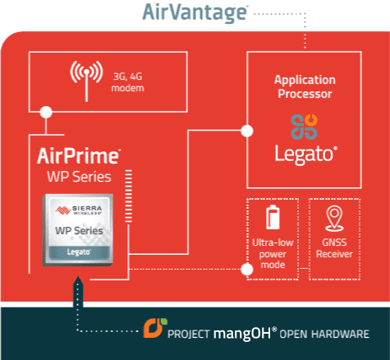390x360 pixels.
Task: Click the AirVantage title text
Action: pyautogui.click(x=195, y=12)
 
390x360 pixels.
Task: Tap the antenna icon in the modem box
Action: pyautogui.click(x=86, y=81)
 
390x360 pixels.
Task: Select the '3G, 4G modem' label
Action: pyautogui.click(x=128, y=82)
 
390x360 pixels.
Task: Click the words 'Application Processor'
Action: pyautogui.click(x=305, y=86)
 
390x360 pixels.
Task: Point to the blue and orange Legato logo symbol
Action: pyautogui.click(x=304, y=127)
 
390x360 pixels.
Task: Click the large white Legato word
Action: pyautogui.click(x=305, y=155)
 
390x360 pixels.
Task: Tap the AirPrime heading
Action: pyautogui.click(x=79, y=156)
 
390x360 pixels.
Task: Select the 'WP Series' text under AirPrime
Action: pyautogui.click(x=79, y=177)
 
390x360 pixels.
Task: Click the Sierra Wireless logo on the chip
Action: pyautogui.click(x=79, y=210)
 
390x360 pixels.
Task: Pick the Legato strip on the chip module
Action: pyautogui.click(x=79, y=252)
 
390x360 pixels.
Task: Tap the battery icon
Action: pyautogui.click(x=273, y=217)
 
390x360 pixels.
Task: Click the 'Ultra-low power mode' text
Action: pyautogui.click(x=273, y=254)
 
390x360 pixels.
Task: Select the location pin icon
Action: pyautogui.click(x=334, y=219)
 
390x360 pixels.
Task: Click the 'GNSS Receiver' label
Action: pyautogui.click(x=334, y=248)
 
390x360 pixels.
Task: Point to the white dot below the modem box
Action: pyautogui.click(x=46, y=112)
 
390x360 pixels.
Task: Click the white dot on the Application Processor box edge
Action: pyautogui.click(x=247, y=131)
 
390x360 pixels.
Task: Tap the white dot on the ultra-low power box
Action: pyautogui.click(x=247, y=270)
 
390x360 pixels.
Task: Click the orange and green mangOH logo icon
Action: pyautogui.click(x=155, y=328)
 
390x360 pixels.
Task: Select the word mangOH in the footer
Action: pyautogui.click(x=242, y=334)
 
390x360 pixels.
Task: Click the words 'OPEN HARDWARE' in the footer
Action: pyautogui.click(x=324, y=335)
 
